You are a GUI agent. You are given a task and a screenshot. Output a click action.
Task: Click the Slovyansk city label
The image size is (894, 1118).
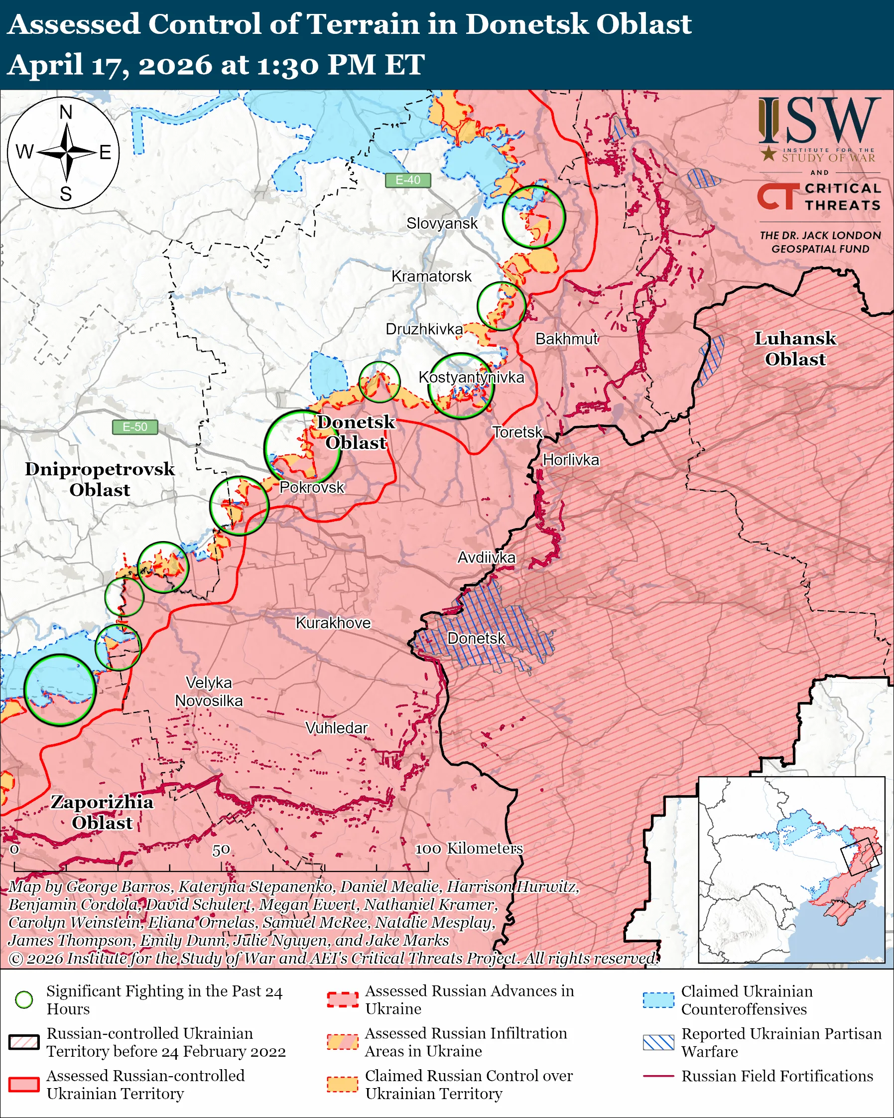point(442,224)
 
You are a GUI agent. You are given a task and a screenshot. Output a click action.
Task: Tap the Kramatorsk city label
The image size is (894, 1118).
point(431,277)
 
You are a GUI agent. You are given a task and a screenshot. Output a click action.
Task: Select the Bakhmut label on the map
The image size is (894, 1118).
point(566,339)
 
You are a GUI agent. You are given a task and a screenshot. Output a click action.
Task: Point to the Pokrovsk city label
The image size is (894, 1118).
point(311,487)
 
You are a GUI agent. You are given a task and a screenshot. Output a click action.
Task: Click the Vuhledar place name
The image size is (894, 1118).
point(336,728)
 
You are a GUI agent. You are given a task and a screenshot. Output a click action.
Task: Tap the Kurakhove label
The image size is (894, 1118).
point(333,623)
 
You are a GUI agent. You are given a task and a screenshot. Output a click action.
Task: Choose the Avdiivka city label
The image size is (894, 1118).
point(486,558)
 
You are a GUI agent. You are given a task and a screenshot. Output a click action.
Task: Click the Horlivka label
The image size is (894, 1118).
point(571,460)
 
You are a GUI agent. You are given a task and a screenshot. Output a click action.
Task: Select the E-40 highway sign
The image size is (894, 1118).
point(408,180)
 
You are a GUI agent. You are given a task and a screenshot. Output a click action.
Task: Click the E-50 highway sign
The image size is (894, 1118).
point(135,427)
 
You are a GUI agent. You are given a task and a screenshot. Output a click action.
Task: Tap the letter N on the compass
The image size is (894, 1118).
point(66,112)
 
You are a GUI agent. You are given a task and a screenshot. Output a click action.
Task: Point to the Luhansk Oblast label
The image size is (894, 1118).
point(794,348)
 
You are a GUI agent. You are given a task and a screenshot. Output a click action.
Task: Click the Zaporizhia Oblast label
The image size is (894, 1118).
point(102,812)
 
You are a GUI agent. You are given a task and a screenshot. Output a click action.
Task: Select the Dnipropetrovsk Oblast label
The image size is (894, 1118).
point(100,479)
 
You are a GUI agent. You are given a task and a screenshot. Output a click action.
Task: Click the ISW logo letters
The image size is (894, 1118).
point(819,121)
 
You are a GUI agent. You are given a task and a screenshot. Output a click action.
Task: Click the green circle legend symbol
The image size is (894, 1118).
point(24,999)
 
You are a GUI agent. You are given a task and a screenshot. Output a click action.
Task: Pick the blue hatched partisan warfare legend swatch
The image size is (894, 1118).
point(658,1042)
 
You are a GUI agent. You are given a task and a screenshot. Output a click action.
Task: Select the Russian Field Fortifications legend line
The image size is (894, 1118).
point(658,1076)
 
